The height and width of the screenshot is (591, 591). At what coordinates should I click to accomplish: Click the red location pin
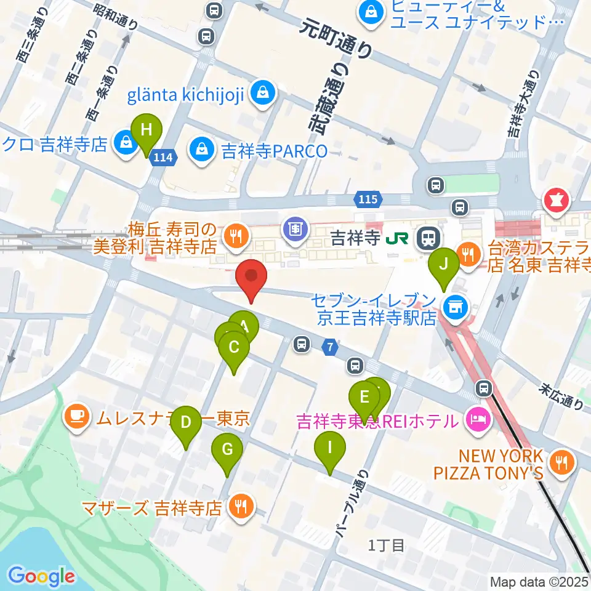click(x=251, y=278)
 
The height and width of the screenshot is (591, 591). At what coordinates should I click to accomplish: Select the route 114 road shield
click(x=163, y=158)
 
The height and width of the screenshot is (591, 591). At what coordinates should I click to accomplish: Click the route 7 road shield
click(x=331, y=348)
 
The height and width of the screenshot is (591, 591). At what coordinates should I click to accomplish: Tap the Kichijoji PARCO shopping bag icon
click(x=201, y=150)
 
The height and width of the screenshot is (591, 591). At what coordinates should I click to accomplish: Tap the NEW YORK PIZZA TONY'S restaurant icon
click(x=560, y=461)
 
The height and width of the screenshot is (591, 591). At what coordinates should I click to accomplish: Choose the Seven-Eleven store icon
click(x=456, y=305)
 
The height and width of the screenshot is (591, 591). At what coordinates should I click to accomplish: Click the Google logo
click(x=41, y=576)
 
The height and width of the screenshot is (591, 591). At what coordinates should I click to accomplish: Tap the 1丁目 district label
click(x=386, y=545)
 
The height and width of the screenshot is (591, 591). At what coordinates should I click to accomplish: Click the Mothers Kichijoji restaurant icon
click(x=238, y=507)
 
